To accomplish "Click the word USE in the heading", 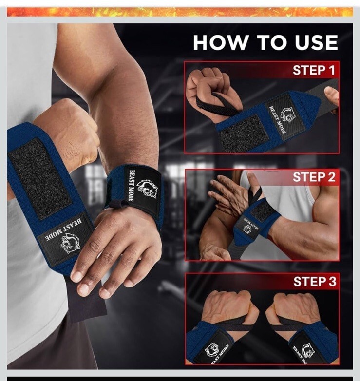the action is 316,42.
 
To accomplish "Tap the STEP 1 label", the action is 314,70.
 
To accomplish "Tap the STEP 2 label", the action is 314,177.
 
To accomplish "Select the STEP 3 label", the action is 315,282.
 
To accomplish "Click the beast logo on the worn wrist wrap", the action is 147,189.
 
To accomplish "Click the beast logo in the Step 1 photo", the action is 288,115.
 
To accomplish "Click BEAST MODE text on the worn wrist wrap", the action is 132,186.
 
